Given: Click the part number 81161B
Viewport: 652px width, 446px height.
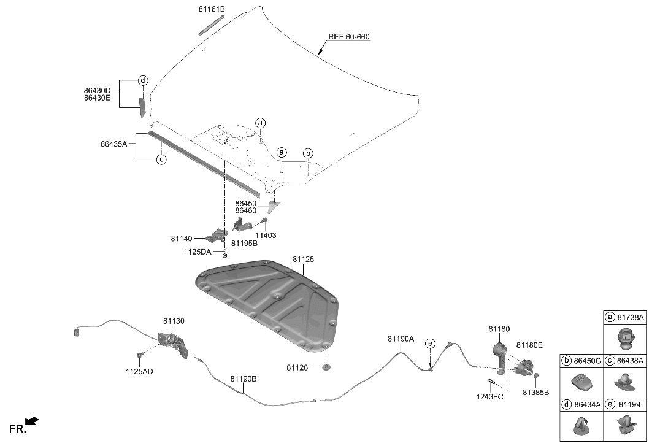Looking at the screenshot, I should click(212, 9).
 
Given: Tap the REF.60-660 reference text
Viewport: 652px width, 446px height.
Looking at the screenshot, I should click(348, 37).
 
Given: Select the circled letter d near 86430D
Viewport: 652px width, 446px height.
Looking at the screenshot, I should click(142, 80).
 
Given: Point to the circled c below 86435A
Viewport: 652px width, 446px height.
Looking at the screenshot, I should click(161, 160).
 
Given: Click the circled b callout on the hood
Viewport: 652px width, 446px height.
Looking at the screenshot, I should click(308, 153).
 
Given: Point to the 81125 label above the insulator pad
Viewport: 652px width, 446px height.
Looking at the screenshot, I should click(303, 260).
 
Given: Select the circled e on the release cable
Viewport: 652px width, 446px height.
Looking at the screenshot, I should click(430, 343).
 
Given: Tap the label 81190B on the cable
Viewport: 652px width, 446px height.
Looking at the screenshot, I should click(244, 379).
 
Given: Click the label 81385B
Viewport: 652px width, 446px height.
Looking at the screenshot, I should click(535, 392).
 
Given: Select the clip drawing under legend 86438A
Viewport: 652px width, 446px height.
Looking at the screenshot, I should click(624, 382).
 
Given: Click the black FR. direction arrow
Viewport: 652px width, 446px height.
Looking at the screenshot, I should click(33, 421).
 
